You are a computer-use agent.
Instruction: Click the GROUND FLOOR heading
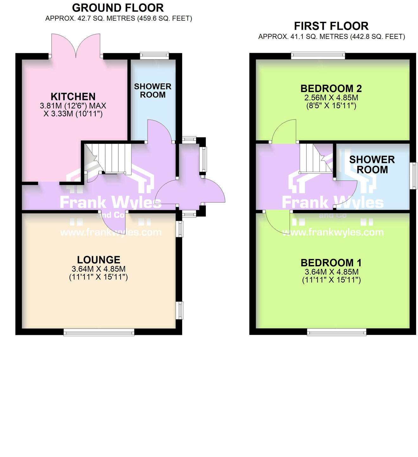(x=118, y=8)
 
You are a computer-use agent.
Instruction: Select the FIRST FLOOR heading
(x=331, y=26)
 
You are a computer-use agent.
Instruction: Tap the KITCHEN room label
(x=73, y=96)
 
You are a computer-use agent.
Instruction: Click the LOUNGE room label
(x=98, y=260)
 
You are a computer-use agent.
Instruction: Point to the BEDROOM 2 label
(x=331, y=89)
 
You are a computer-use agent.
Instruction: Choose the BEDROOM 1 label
(x=331, y=263)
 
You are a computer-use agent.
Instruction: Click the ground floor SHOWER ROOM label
(x=153, y=91)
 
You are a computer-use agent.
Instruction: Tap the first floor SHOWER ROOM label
(x=372, y=164)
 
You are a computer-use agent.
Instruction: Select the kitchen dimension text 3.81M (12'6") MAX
(x=73, y=106)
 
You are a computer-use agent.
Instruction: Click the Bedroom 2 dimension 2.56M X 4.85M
(x=331, y=98)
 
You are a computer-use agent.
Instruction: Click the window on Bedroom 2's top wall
(x=318, y=56)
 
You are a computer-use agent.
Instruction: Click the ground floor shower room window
(x=154, y=56)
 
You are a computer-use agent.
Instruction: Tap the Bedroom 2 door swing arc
(x=283, y=131)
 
